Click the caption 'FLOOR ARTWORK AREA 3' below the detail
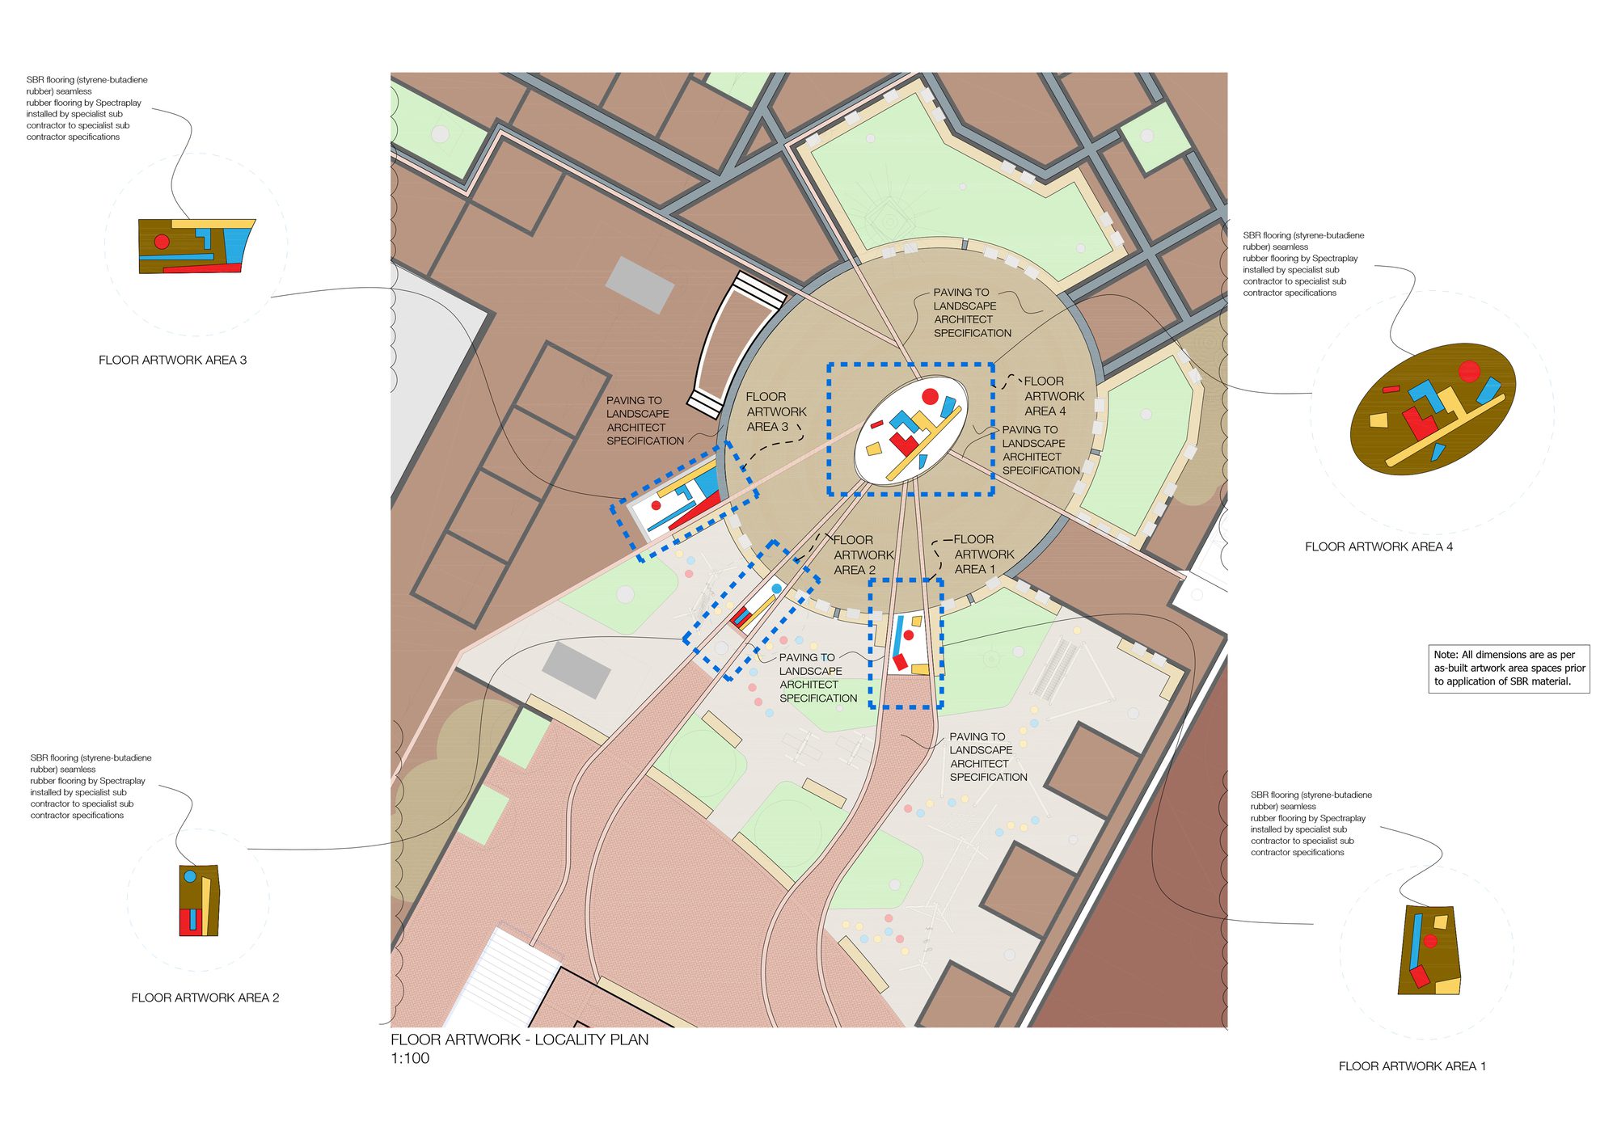click(172, 361)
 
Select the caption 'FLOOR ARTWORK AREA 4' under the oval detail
click(1378, 547)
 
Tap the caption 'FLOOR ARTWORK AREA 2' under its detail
click(205, 998)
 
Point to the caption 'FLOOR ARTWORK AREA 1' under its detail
click(1412, 1067)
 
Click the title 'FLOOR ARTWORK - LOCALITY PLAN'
click(519, 1040)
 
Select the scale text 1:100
click(410, 1059)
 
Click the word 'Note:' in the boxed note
click(1446, 655)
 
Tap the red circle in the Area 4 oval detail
click(1469, 372)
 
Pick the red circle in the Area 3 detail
click(162, 242)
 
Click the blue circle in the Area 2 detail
click(190, 876)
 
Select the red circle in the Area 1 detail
click(1430, 942)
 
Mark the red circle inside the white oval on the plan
click(930, 396)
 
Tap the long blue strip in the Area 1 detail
click(1416, 942)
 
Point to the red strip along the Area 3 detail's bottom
click(202, 268)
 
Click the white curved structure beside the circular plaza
click(732, 344)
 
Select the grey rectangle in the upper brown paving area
click(640, 285)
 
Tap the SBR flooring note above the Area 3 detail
click(87, 108)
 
